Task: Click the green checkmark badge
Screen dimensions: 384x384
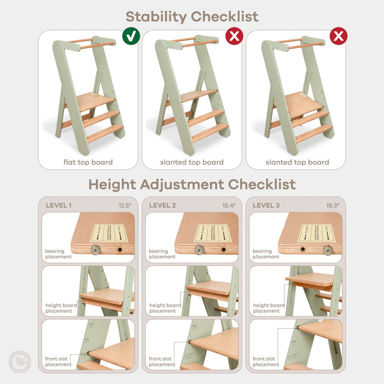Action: coord(131,37)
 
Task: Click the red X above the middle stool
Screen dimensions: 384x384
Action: coord(234,37)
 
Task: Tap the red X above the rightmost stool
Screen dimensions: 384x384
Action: coord(338,37)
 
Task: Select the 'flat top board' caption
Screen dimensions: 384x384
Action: coord(88,162)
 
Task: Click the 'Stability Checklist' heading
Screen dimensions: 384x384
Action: coord(191,16)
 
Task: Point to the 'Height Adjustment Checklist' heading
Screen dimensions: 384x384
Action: coord(191,184)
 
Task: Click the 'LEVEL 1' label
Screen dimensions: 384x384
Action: coord(59,205)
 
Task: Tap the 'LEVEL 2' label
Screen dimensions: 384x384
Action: coord(163,205)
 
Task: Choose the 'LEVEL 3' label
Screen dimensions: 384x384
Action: coord(267,205)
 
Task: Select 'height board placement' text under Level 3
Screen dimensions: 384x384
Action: coord(269,308)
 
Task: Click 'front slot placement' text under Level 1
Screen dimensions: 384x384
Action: coord(58,362)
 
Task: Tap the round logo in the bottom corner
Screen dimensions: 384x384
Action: coord(20,362)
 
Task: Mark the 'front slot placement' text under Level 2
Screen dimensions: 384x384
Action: coord(162,362)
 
